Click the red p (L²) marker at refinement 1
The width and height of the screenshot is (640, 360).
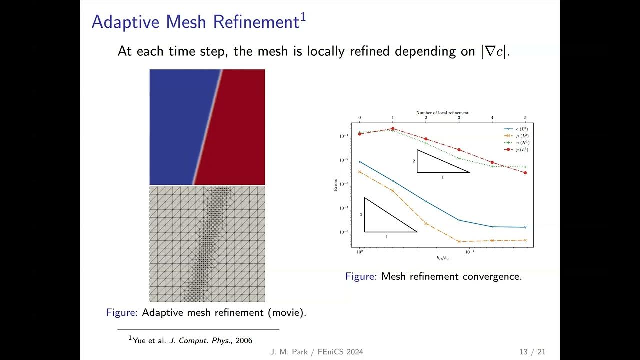(x=393, y=128)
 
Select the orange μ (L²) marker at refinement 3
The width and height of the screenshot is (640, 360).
(x=459, y=241)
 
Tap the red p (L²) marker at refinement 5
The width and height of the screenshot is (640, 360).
(x=525, y=173)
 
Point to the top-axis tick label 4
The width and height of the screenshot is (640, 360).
(x=492, y=118)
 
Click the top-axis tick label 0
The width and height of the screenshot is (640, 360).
(x=359, y=118)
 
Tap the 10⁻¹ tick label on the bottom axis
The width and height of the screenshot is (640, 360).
(x=470, y=252)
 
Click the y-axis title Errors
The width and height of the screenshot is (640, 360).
(x=337, y=185)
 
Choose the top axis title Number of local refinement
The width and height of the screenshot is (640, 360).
(x=442, y=113)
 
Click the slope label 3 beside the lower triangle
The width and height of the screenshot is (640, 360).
(x=361, y=214)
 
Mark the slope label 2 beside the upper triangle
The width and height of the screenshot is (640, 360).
(x=414, y=161)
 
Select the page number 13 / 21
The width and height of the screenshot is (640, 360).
(x=532, y=352)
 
